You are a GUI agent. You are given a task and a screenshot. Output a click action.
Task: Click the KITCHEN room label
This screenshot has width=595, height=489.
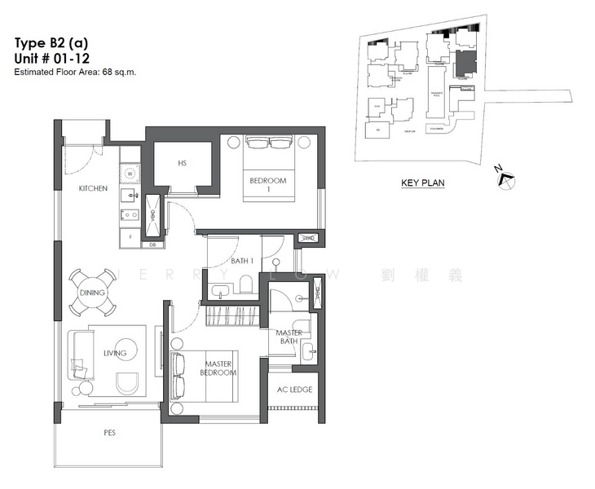93,188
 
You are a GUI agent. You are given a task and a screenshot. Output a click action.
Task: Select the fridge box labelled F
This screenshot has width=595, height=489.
130,236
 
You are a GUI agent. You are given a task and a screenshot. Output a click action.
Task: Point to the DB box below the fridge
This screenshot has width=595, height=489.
152,244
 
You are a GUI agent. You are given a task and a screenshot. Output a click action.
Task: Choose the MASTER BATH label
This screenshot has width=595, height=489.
289,337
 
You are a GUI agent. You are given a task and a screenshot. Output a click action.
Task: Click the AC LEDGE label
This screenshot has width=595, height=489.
295,390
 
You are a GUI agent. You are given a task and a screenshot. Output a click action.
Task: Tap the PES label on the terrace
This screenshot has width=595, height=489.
108,433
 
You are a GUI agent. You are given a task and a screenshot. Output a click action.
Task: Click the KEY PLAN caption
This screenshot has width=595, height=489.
422,183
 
